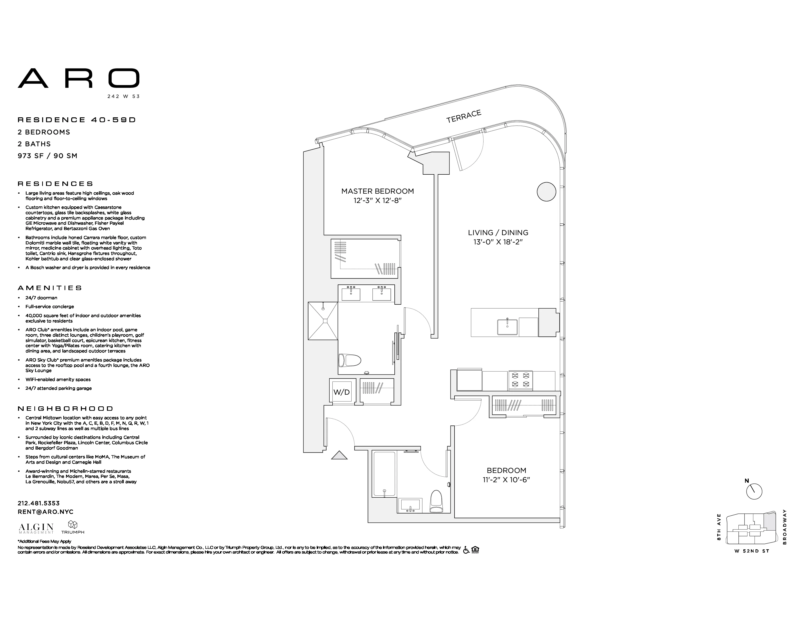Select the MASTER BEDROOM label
(377, 191)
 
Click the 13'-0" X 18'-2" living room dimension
(498, 242)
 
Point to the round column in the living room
(546, 192)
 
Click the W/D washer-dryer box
(342, 392)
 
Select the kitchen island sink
(507, 327)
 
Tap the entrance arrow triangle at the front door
(339, 456)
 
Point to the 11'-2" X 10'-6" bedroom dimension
(506, 480)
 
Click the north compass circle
(754, 492)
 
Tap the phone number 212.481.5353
(39, 503)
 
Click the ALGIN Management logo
(36, 528)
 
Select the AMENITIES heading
(50, 288)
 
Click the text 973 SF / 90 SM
(48, 156)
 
